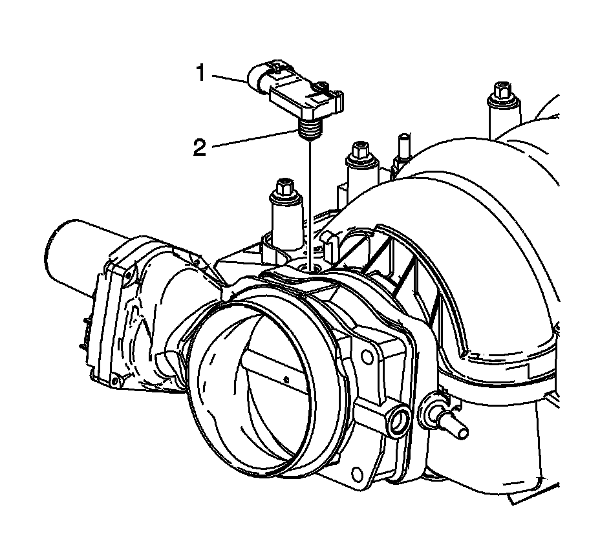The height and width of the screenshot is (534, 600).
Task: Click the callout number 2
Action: click(201, 147)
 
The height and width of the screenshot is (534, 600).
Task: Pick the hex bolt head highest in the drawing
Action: click(499, 90)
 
